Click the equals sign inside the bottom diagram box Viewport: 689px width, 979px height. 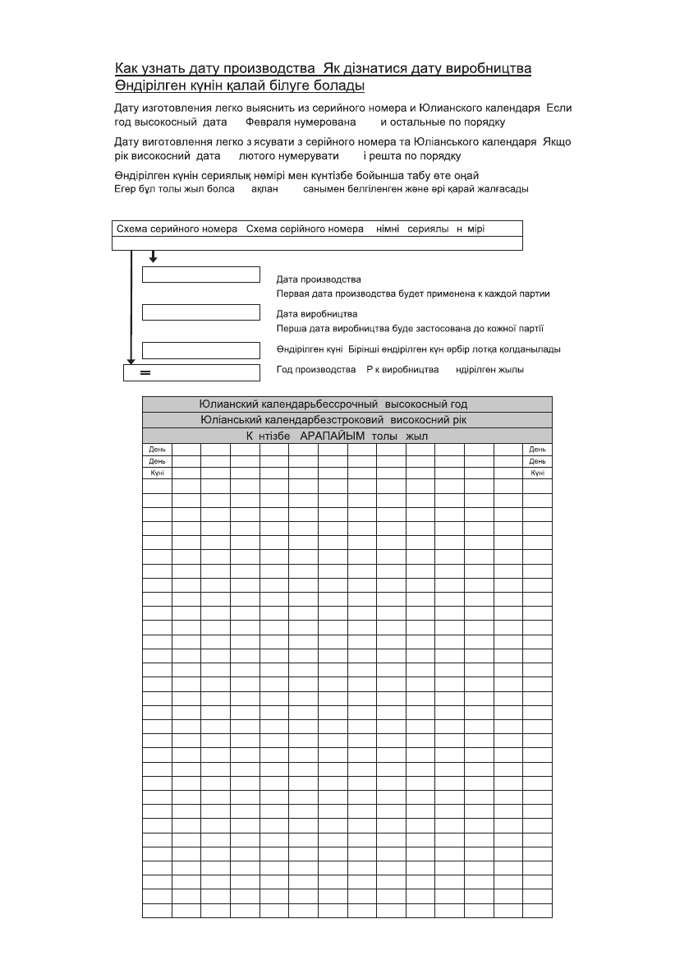pyautogui.click(x=145, y=373)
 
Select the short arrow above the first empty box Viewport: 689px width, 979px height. pyautogui.click(x=153, y=257)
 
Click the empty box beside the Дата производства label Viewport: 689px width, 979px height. pyautogui.click(x=200, y=275)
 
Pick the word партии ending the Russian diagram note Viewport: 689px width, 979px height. pyautogui.click(x=533, y=293)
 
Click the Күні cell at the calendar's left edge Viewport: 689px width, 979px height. pyautogui.click(x=157, y=473)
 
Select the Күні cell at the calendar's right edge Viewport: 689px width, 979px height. pyautogui.click(x=537, y=473)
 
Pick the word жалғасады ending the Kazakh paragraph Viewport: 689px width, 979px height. pyautogui.click(x=501, y=188)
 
